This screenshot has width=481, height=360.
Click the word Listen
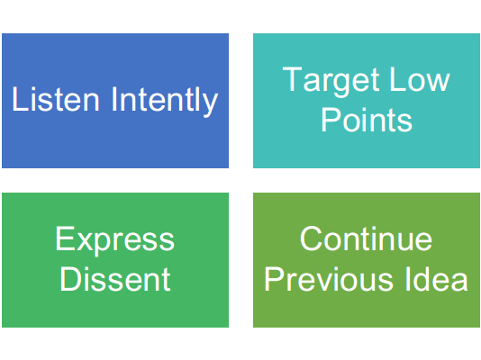(56, 99)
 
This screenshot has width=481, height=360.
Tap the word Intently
(165, 101)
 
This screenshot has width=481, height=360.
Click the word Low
(420, 79)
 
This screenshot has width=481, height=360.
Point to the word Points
(367, 120)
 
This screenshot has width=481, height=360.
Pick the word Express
(114, 241)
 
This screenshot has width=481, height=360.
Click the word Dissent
(115, 279)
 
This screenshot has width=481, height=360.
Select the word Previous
(329, 279)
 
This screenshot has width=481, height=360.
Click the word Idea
(437, 279)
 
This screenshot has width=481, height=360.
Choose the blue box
(115, 101)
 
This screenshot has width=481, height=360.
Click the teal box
(367, 101)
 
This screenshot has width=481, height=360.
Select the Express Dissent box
(115, 260)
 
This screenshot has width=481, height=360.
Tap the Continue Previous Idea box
(367, 260)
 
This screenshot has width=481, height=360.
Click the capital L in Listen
(20, 99)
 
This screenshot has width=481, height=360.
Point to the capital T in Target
(293, 79)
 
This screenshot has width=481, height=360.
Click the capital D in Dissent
(70, 279)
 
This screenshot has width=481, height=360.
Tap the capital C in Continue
(312, 238)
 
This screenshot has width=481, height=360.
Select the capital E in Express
(65, 238)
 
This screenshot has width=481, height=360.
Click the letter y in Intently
(211, 104)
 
